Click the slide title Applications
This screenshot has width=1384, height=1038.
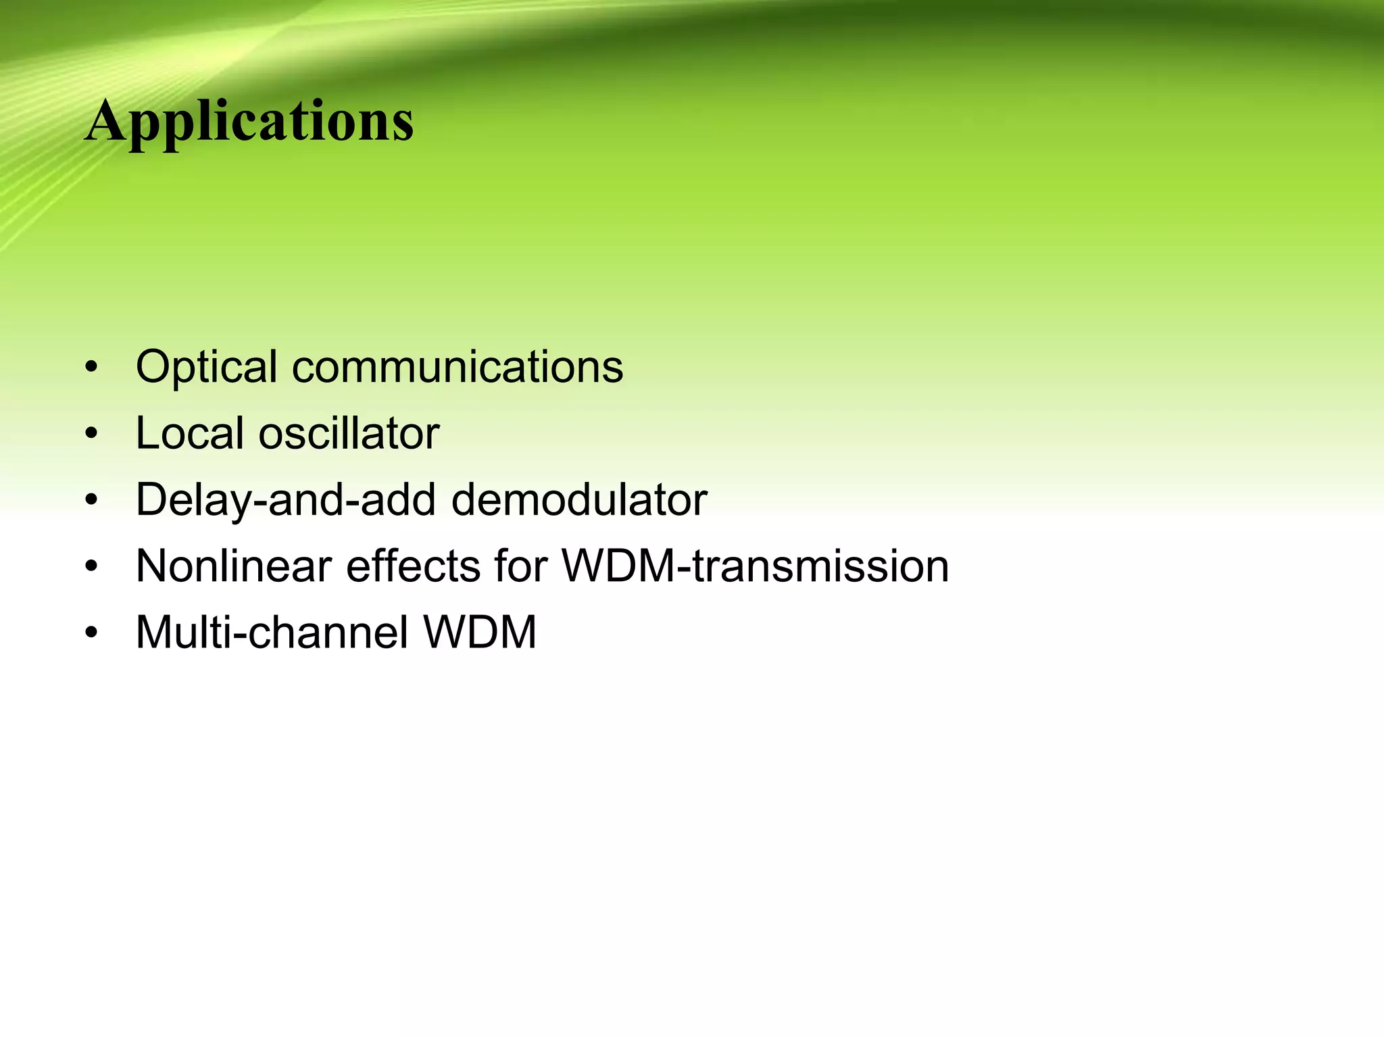pyautogui.click(x=249, y=122)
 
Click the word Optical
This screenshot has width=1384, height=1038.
pyautogui.click(x=206, y=367)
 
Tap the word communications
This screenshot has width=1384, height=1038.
pyautogui.click(x=458, y=367)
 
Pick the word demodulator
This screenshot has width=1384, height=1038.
pyautogui.click(x=578, y=500)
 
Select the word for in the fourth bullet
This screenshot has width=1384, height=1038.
pyautogui.click(x=520, y=566)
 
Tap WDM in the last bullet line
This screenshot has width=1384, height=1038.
pyautogui.click(x=479, y=633)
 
